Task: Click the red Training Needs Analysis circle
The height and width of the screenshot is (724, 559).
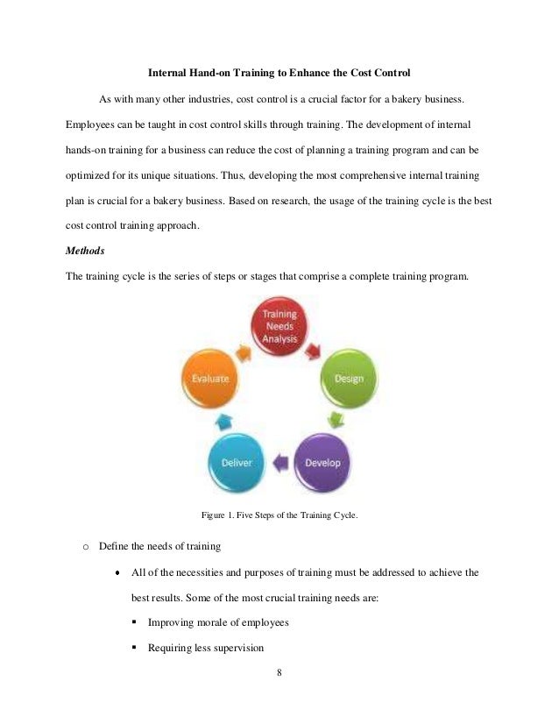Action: [279, 326]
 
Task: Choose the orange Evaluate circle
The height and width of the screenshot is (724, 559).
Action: [211, 378]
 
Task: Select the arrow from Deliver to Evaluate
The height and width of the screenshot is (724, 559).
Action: [223, 419]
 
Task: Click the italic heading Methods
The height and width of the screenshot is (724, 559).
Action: [85, 250]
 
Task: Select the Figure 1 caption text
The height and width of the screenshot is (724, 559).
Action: [279, 515]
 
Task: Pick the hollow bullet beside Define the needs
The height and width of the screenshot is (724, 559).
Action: [85, 547]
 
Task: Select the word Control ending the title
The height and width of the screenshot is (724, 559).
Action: [393, 71]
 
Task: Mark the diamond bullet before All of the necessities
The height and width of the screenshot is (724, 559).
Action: [117, 573]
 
